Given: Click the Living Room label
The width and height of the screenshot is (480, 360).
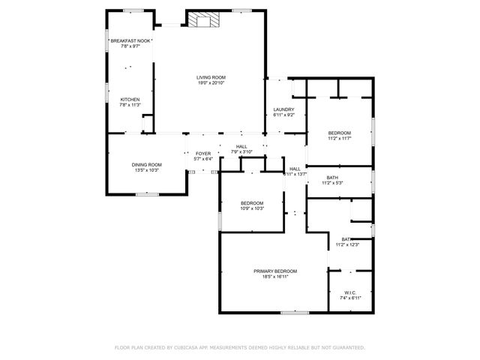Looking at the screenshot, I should point(211,77).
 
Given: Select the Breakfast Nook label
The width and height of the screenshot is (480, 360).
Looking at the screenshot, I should point(130,40).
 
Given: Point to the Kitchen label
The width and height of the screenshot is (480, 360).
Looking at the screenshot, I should point(130,100).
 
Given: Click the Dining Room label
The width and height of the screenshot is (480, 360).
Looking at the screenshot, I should point(146,165).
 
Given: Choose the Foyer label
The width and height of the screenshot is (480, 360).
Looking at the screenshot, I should point(203,153).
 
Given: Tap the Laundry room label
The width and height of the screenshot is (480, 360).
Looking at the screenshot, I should point(283,109).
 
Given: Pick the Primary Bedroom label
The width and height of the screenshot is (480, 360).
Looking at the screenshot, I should point(275,271).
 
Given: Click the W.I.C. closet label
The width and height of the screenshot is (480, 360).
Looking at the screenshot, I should point(350,292).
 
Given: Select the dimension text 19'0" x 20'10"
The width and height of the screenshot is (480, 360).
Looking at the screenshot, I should point(211,83).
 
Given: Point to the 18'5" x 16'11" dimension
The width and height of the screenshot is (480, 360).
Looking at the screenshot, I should point(275,277).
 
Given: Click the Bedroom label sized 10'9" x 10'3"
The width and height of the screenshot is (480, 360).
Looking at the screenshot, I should point(252,203).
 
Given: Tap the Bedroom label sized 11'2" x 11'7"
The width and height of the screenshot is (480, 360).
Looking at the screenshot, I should point(339,133).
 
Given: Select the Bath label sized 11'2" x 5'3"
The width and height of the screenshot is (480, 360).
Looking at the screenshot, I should point(332,178).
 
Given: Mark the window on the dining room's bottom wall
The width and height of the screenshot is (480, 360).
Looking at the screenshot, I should point(146,194).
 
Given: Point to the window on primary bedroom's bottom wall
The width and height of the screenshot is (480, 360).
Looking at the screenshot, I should point(300,312).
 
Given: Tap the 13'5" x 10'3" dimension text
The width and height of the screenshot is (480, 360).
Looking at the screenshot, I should point(146,171).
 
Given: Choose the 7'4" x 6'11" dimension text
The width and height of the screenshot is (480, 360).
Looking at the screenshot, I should point(350,298).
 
